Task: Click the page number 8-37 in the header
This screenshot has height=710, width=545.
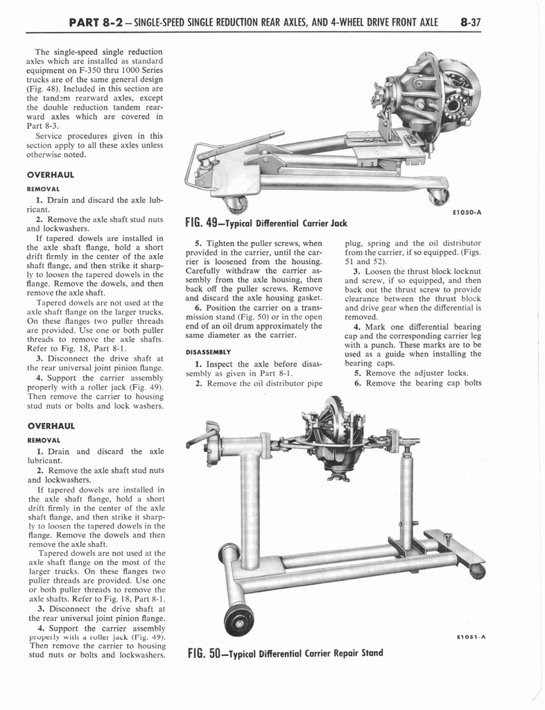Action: coord(469,22)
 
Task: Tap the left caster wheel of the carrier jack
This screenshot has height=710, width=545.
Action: coord(236,204)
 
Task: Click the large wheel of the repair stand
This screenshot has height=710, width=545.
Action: coord(239,619)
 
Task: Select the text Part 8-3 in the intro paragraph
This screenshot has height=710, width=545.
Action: coord(40,126)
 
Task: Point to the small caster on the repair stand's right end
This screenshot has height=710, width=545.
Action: coord(477,571)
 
